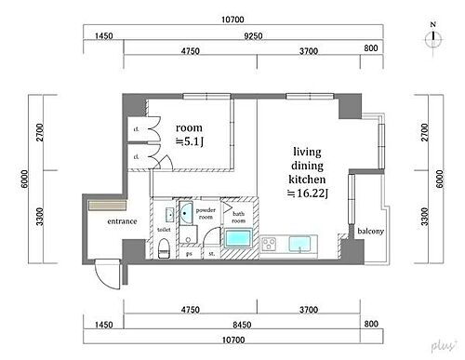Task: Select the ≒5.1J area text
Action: pos(190,141)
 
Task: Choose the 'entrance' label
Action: pos(122,221)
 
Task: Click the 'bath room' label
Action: pos(238,216)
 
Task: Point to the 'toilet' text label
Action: pos(164,229)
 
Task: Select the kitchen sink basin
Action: pos(302,245)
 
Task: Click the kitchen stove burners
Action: pos(271,245)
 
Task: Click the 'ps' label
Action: pos(190,253)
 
